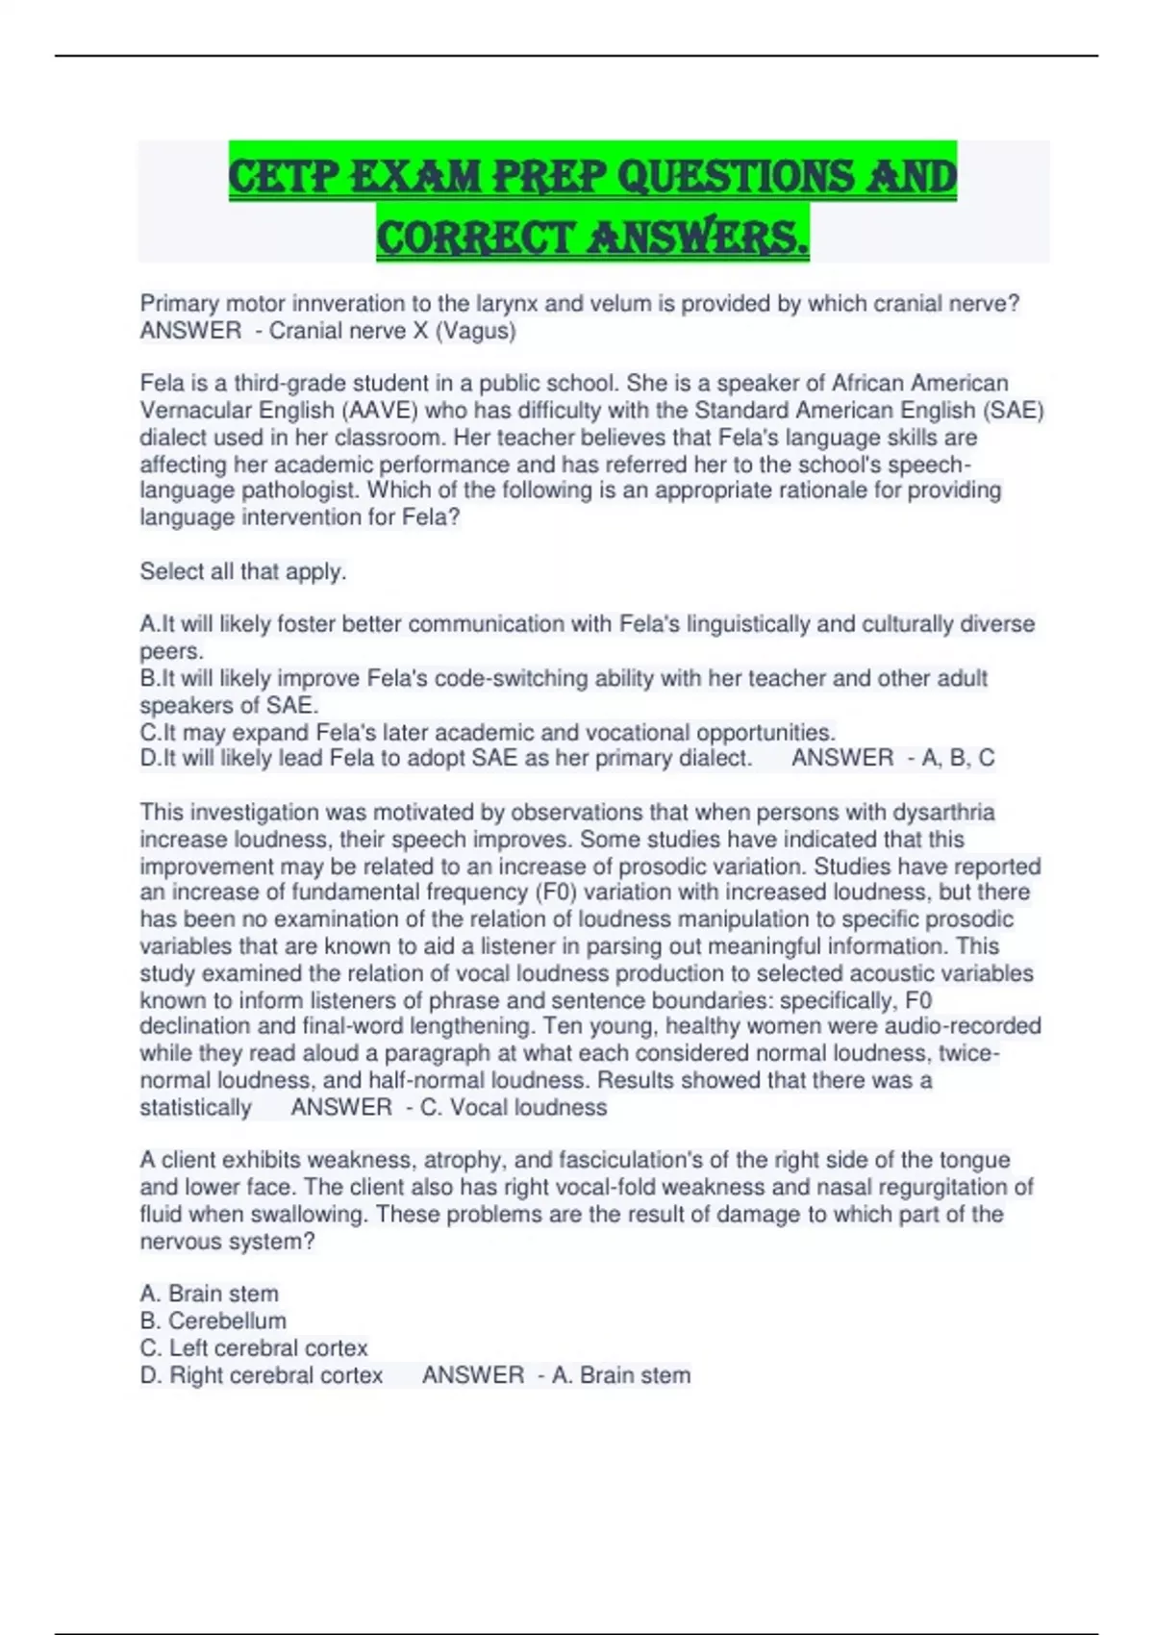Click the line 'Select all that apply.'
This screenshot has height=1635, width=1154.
tap(243, 571)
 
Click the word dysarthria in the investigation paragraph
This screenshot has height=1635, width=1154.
tap(943, 813)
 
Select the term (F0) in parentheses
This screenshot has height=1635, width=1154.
tap(557, 893)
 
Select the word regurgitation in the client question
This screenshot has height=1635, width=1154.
tap(948, 1187)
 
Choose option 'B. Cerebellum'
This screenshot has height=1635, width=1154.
tap(213, 1321)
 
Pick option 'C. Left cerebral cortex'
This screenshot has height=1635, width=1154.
tap(254, 1347)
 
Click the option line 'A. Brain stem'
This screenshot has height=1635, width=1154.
tap(210, 1294)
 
